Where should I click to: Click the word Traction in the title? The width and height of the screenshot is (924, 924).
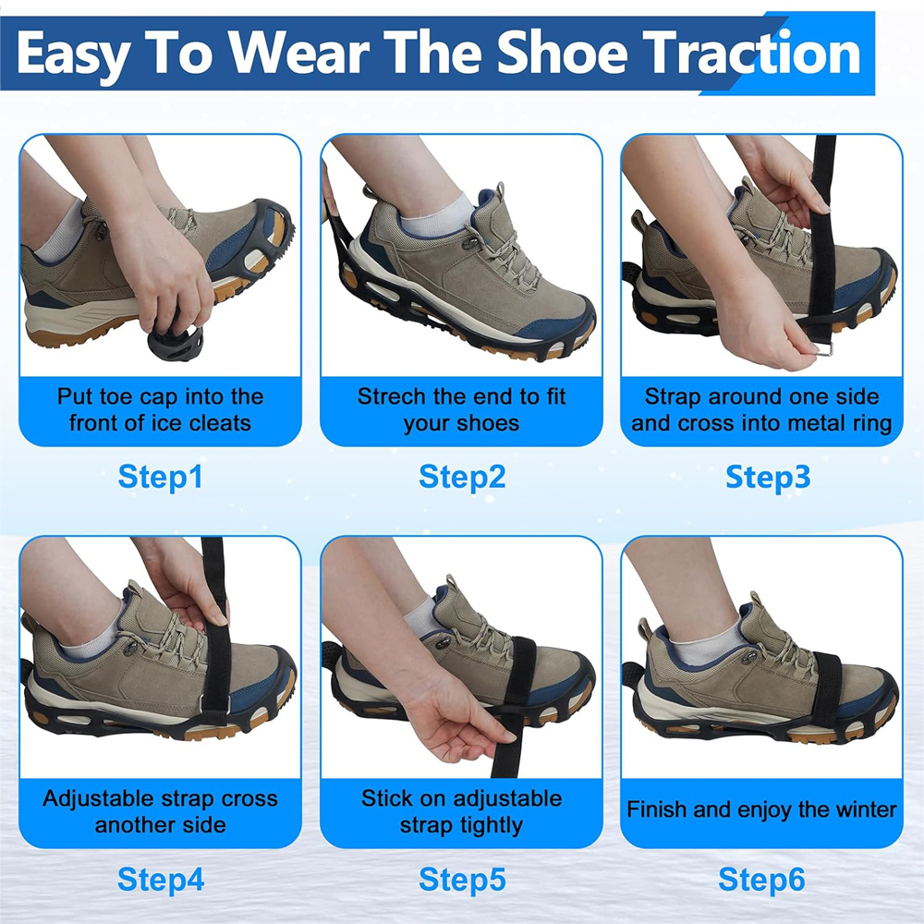click(751, 54)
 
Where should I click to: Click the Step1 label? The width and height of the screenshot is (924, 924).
click(160, 478)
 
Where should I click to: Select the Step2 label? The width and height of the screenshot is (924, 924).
click(462, 478)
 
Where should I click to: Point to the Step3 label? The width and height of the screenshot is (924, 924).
click(768, 478)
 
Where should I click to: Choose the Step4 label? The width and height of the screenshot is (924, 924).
click(161, 880)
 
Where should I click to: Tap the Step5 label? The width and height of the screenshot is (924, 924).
click(462, 880)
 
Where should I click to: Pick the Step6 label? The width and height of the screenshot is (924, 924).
click(761, 880)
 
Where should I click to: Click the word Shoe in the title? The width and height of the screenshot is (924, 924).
click(564, 54)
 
